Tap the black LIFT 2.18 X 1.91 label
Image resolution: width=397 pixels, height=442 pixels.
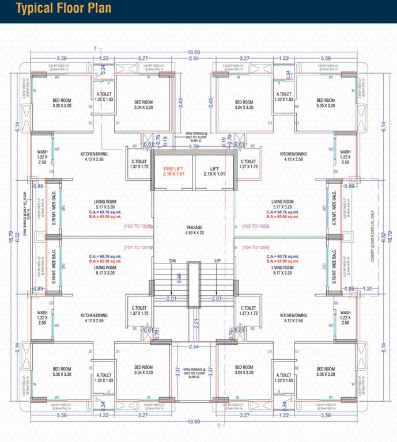(x=213, y=170)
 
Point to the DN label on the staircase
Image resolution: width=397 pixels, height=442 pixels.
(x=171, y=260)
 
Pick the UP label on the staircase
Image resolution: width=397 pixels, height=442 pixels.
(x=217, y=260)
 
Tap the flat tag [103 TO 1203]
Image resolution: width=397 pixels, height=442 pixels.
(x=255, y=226)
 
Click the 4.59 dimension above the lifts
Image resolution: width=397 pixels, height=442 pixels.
(x=194, y=147)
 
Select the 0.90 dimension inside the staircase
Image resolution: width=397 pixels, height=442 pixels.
(x=179, y=278)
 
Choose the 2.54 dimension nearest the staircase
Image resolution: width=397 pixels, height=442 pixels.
(x=193, y=346)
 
